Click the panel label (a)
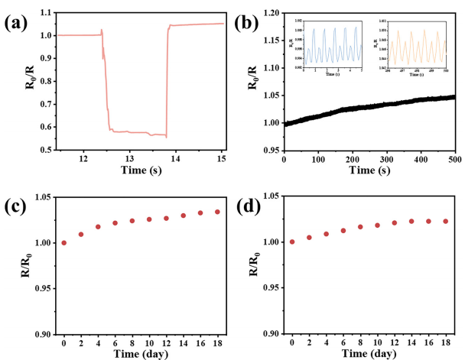pos(17,22)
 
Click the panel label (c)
pos(17,205)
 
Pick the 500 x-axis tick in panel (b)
pos(454,157)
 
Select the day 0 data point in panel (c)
pos(64,243)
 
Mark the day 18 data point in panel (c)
pos(217,212)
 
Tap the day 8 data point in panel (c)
pos(132,221)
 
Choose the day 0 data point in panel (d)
pos(292,242)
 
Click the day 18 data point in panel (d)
pos(445,221)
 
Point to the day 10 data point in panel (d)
pos(377,225)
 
